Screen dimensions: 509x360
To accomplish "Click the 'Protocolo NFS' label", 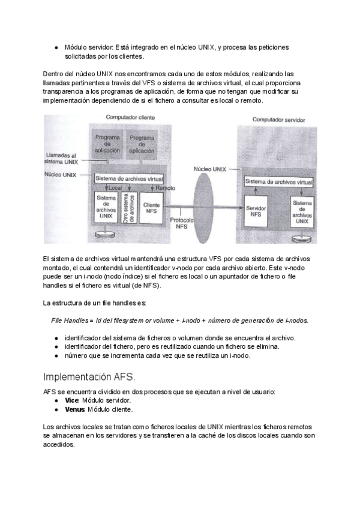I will pyautogui.click(x=181, y=223).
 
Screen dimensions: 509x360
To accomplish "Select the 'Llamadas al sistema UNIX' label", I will pyautogui.click(x=62, y=158).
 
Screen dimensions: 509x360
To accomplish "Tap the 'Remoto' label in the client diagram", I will pyautogui.click(x=164, y=188).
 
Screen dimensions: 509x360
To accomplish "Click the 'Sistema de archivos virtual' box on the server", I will pyautogui.click(x=278, y=182).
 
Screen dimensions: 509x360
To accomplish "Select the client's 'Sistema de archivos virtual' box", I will pyautogui.click(x=129, y=178).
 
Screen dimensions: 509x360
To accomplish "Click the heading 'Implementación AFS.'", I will pyautogui.click(x=90, y=377).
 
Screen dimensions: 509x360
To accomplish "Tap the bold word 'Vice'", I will pyautogui.click(x=71, y=400).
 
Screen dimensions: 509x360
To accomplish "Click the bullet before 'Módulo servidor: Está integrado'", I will pyautogui.click(x=55, y=47).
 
